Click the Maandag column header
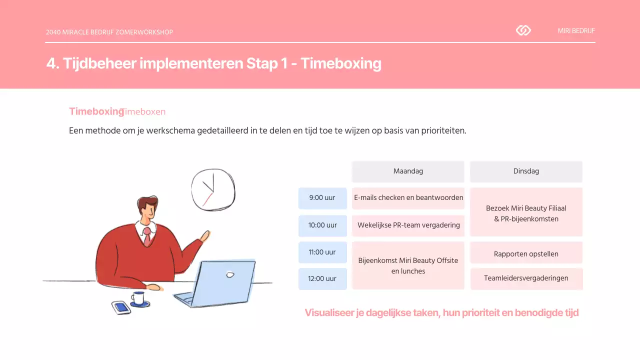coord(408,171)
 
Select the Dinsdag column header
coord(526,171)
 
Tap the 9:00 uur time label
coord(322,198)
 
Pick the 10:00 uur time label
coord(322,225)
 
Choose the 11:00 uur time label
coord(322,252)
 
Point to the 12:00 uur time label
coord(322,279)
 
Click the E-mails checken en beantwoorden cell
coord(408,198)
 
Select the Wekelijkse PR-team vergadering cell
coord(408,225)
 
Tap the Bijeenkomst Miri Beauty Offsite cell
coord(408,265)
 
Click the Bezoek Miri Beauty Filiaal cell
coord(526,212)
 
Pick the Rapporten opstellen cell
coord(526,253)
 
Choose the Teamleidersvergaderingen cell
coord(526,278)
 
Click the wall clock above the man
coord(213,189)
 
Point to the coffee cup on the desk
coord(138,299)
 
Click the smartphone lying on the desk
coord(121,307)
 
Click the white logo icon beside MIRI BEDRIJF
coord(523,30)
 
